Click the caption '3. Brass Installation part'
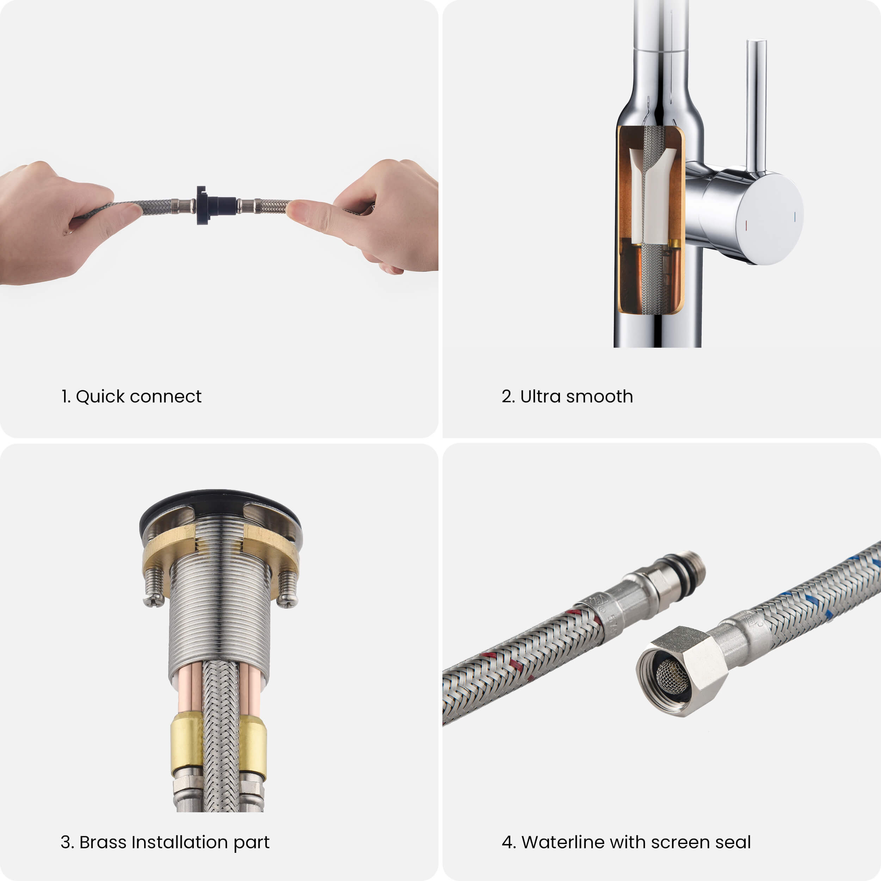(x=165, y=842)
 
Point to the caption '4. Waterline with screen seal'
(x=626, y=842)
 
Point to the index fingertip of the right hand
(x=296, y=211)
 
